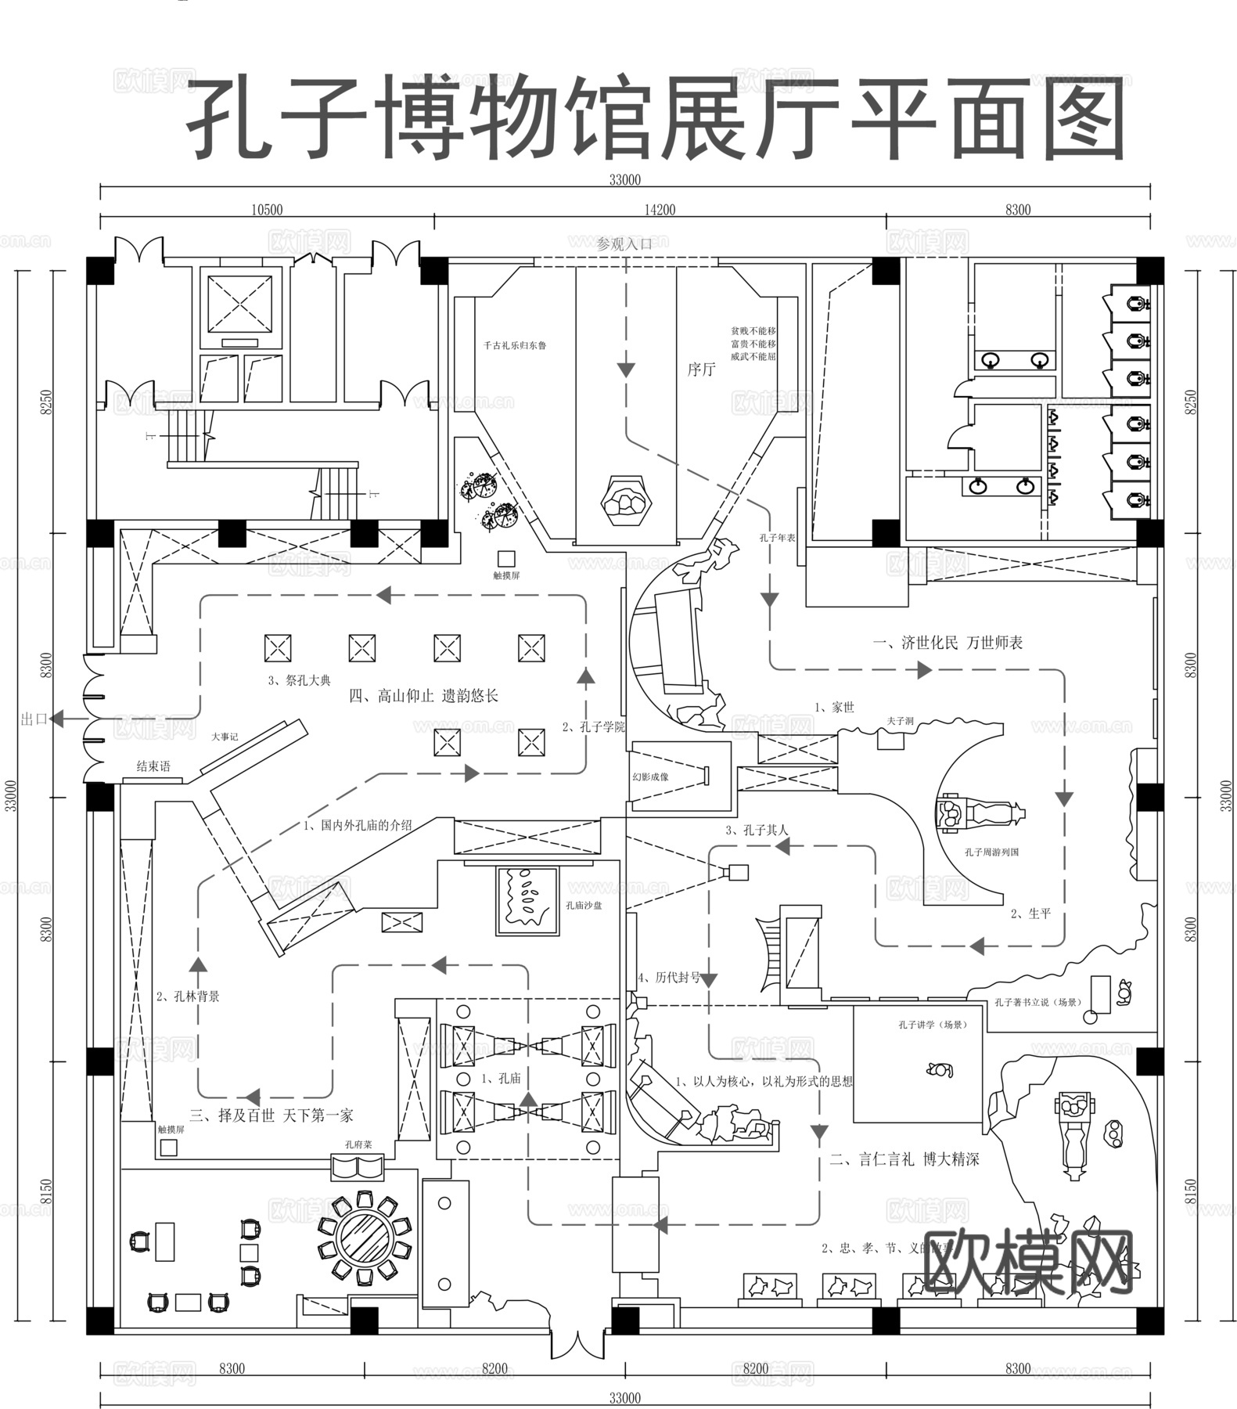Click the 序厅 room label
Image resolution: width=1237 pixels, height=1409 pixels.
(701, 369)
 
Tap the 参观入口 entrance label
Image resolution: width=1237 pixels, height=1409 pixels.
(624, 243)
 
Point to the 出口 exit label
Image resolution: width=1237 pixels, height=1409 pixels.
(34, 719)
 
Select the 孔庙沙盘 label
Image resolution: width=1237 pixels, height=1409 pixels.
(584, 906)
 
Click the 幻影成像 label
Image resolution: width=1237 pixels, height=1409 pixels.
(650, 777)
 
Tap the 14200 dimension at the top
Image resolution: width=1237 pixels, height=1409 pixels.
(660, 210)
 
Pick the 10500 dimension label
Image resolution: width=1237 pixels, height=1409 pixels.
(267, 210)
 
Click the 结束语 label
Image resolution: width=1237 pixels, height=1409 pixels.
(153, 766)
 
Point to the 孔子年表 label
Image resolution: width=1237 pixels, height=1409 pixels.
(776, 538)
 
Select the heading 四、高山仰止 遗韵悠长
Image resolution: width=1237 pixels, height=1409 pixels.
(423, 696)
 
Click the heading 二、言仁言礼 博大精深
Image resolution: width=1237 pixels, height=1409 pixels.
(904, 1159)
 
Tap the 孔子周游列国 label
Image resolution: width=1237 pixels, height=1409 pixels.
(991, 852)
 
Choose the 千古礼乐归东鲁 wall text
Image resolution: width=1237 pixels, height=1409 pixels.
(514, 345)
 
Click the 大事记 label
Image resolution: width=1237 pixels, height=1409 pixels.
(225, 737)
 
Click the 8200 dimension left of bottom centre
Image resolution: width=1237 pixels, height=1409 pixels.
(494, 1369)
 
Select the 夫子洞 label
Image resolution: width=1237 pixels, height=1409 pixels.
(900, 720)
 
